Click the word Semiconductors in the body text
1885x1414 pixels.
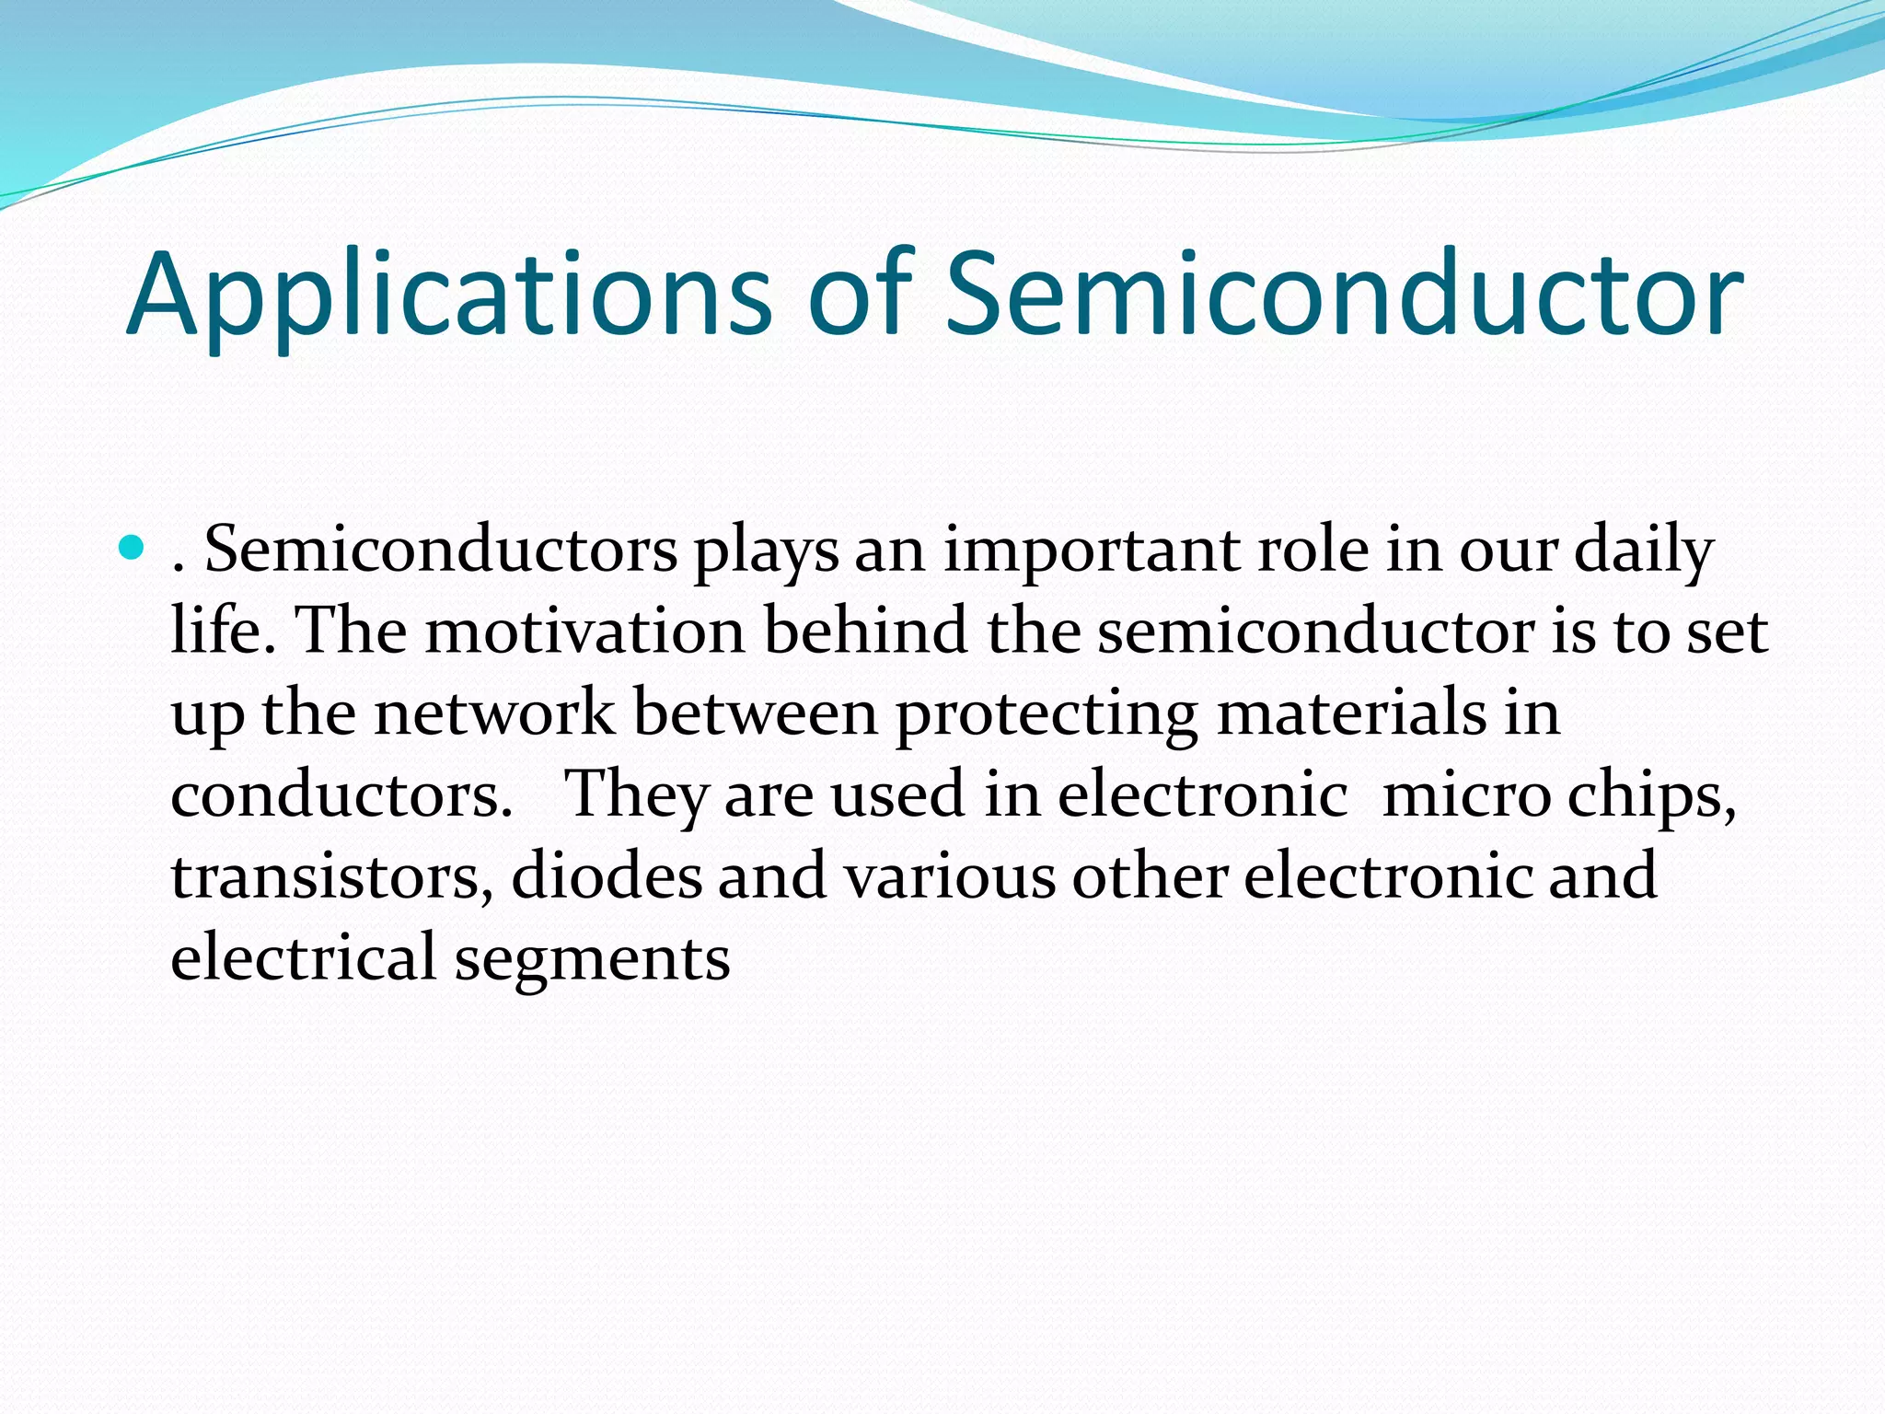click(x=440, y=551)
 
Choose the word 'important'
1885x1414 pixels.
click(x=1091, y=551)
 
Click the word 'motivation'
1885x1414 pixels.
click(x=584, y=632)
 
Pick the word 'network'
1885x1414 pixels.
click(x=494, y=713)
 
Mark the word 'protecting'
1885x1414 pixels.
click(x=1047, y=715)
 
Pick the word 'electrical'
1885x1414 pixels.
click(x=303, y=957)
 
